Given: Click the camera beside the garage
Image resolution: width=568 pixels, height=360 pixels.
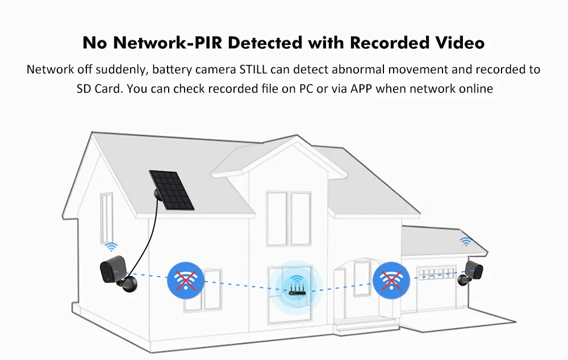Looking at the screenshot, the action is [x=471, y=271].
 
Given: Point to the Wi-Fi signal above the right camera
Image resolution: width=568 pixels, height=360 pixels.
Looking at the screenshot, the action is [x=466, y=241].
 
